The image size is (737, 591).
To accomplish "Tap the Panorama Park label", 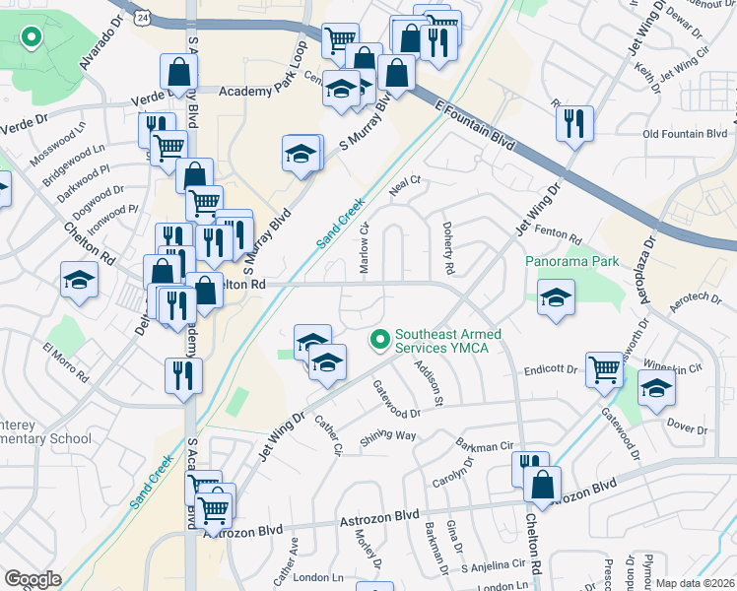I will [571, 262].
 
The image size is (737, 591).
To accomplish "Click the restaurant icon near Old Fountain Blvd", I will [573, 123].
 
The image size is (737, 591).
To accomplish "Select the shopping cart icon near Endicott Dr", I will [604, 369].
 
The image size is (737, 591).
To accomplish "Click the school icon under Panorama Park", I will [557, 296].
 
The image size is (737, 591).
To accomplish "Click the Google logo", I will [33, 579].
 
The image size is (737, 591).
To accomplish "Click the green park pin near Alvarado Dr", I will [31, 38].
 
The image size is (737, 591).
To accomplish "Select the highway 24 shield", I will [145, 18].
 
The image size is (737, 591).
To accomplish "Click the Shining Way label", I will [387, 437].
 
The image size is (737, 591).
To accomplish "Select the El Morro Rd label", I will [66, 361].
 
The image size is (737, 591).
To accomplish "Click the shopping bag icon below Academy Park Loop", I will [179, 73].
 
